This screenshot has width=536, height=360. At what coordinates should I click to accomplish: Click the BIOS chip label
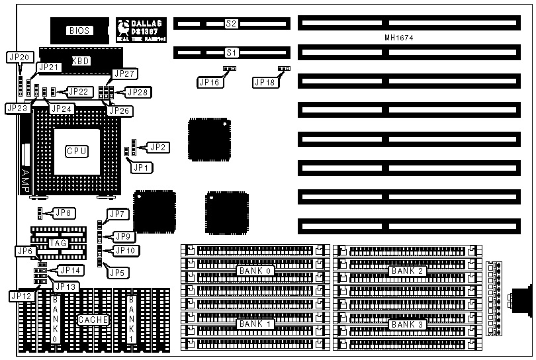coord(79,30)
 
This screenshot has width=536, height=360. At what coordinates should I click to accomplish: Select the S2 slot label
coord(231,24)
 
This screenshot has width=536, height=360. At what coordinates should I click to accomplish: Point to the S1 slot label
coord(231,52)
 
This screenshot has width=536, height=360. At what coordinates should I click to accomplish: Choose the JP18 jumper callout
coord(264,82)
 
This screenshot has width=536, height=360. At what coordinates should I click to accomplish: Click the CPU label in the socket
coord(77,151)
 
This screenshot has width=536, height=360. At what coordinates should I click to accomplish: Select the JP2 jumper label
coord(158,147)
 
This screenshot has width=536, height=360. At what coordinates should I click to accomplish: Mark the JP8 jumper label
coord(64,213)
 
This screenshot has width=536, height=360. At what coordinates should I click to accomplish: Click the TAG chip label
coord(58,244)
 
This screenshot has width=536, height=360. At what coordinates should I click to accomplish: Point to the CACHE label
coord(93,320)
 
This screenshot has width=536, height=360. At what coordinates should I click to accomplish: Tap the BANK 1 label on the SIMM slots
coord(255,324)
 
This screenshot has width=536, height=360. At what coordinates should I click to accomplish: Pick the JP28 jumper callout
coord(138,92)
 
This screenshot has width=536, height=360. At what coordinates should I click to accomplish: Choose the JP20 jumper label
coord(19,58)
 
